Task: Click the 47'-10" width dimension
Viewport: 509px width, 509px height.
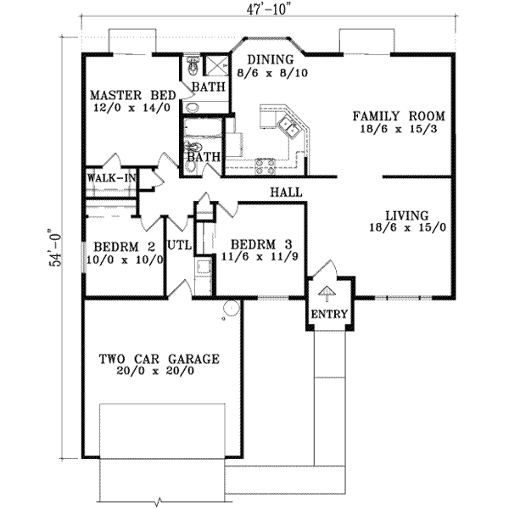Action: [268, 9]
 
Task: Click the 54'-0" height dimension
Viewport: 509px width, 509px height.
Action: [55, 248]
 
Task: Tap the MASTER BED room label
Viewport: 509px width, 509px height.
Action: [133, 95]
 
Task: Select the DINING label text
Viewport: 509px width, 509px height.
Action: [271, 59]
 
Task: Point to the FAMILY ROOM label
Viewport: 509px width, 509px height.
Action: [399, 116]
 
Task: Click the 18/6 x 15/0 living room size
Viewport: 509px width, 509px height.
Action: [408, 227]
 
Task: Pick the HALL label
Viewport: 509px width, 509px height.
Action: [287, 193]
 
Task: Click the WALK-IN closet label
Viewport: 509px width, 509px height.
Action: [111, 178]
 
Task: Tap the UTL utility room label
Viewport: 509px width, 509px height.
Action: [180, 245]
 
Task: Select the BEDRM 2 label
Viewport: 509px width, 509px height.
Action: [125, 247]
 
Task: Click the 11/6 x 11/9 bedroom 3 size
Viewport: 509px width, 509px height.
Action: [260, 257]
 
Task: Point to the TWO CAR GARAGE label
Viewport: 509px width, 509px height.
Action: [159, 359]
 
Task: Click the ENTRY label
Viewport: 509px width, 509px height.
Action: [329, 314]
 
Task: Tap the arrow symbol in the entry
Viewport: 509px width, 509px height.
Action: [327, 294]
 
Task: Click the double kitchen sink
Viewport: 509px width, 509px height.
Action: [288, 127]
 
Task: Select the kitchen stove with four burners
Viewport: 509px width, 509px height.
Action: [266, 166]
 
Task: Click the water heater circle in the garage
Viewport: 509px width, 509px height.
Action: [232, 307]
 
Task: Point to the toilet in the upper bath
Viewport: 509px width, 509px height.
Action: [193, 64]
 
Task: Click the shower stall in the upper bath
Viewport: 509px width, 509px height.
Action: [216, 66]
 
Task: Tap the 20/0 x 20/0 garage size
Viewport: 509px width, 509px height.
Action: [155, 371]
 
